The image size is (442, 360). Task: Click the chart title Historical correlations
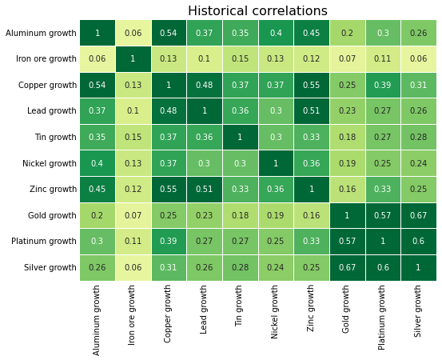[257, 11]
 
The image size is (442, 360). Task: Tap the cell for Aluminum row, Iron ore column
[133, 33]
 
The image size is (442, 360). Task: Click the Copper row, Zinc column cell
[312, 85]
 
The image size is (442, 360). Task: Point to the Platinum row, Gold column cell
[348, 242]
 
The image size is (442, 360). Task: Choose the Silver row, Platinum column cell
[383, 268]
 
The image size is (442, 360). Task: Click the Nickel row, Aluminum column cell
[98, 163]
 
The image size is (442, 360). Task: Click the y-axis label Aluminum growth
[41, 34]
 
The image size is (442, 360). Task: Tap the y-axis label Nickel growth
[45, 164]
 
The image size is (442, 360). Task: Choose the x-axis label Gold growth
[348, 310]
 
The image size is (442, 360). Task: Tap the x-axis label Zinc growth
[312, 310]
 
